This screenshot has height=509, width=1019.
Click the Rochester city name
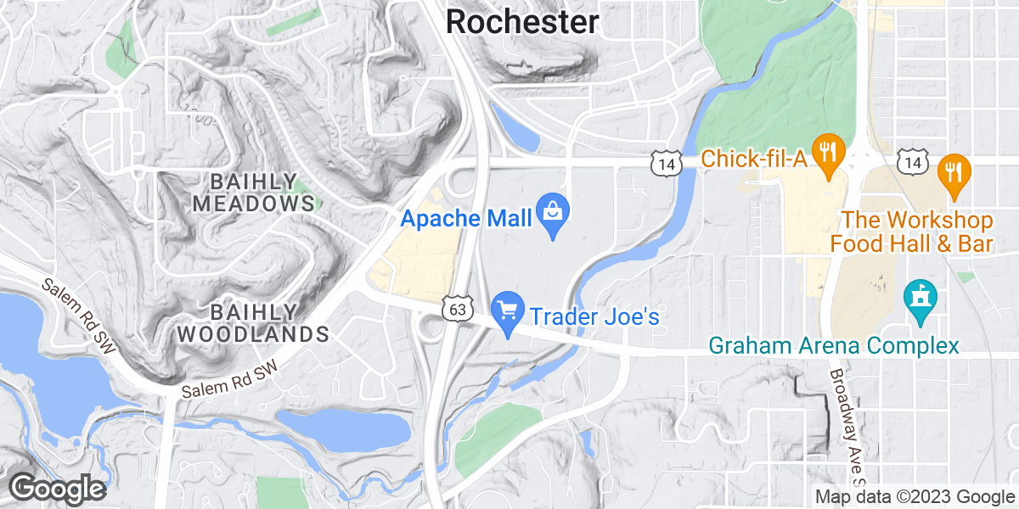point(521,22)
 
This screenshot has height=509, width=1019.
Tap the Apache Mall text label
point(465,218)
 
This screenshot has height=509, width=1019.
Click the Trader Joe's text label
point(594,316)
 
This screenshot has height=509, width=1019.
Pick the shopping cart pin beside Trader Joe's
point(509,312)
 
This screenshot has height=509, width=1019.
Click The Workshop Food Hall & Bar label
point(911,232)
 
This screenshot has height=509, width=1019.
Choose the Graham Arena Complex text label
point(834,346)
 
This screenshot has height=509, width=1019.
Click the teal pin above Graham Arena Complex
point(920,299)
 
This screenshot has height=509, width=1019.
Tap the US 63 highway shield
point(456,310)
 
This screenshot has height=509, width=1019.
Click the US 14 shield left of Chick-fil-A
point(666,163)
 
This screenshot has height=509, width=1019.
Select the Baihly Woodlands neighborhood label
point(253,322)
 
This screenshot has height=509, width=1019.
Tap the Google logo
point(57,489)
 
